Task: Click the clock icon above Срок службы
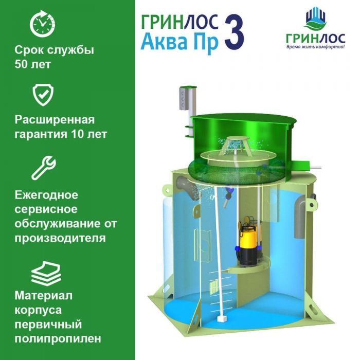[x=43, y=24]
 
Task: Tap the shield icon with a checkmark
[x=43, y=95]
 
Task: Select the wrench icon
[x=44, y=168]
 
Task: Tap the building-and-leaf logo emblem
[x=316, y=20]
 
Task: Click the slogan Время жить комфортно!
[x=316, y=47]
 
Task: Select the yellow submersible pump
[x=246, y=241]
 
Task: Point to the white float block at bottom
[x=221, y=319]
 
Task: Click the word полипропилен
[x=58, y=339]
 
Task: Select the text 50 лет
[x=32, y=64]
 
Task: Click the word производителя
[x=60, y=238]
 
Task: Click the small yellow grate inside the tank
[x=214, y=288]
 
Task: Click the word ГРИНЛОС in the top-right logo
[x=316, y=39]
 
